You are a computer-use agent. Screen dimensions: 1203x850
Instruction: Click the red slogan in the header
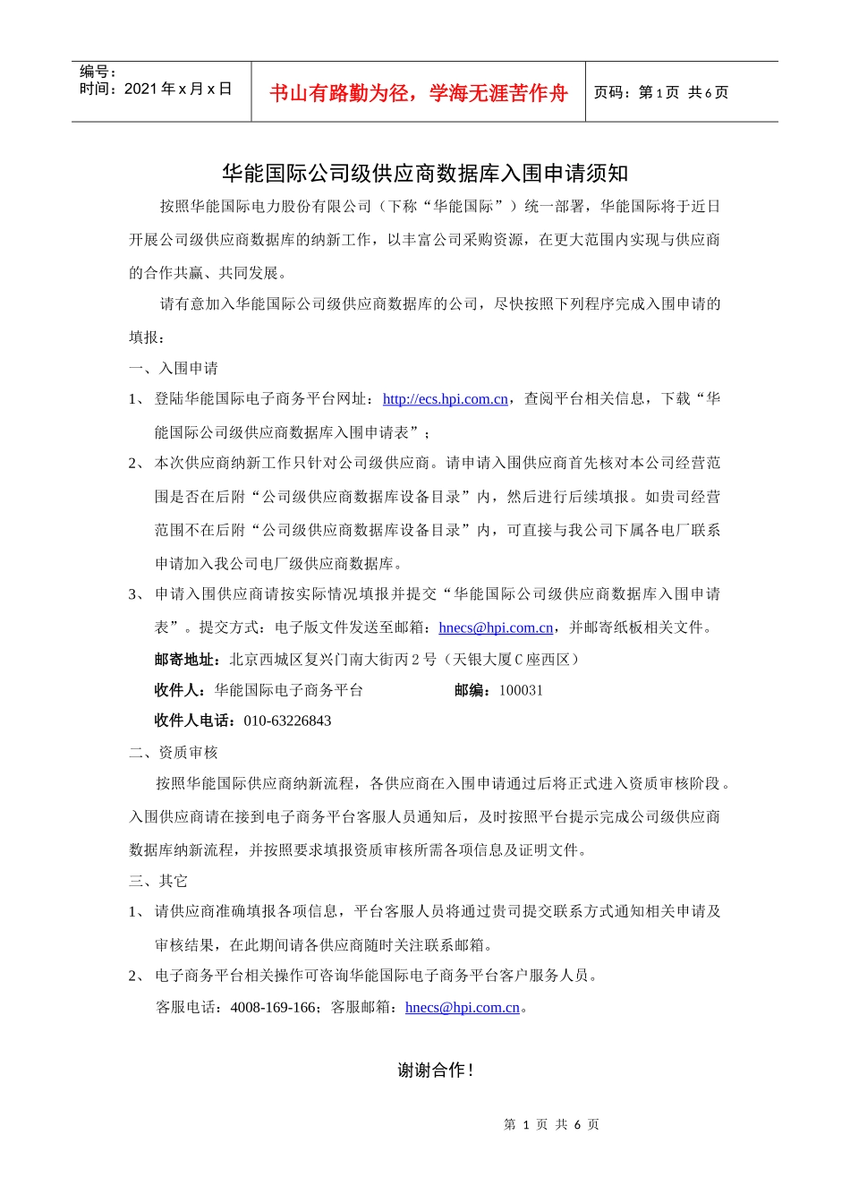tap(418, 93)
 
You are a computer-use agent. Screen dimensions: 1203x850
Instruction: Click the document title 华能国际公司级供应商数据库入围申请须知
tap(425, 173)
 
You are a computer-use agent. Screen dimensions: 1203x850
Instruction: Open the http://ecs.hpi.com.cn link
tap(445, 399)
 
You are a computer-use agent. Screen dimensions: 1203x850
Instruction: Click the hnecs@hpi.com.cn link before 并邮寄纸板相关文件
tap(496, 628)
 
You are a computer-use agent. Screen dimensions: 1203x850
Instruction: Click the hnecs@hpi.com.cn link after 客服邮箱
tap(462, 1008)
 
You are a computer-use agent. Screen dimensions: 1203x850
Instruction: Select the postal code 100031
tap(521, 691)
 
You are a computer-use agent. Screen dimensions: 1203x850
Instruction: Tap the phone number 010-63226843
tap(287, 721)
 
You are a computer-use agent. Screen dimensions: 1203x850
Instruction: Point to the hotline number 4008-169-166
tap(273, 1008)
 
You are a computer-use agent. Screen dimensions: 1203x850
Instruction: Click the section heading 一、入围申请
tap(174, 369)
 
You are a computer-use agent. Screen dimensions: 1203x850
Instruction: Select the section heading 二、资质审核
tap(174, 753)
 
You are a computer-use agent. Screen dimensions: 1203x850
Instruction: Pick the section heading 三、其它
tap(158, 882)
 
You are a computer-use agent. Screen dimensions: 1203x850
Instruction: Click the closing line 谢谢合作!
tap(435, 1071)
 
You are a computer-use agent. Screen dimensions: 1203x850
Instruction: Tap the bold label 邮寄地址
tap(184, 660)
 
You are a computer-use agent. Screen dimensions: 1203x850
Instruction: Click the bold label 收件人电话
tap(192, 721)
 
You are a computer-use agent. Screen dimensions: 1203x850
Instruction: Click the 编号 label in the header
tap(97, 73)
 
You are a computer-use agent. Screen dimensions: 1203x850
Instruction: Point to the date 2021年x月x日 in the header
tap(177, 90)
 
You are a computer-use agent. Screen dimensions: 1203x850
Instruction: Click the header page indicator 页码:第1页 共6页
tap(661, 93)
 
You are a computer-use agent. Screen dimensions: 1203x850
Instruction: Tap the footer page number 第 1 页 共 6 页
tap(551, 1125)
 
